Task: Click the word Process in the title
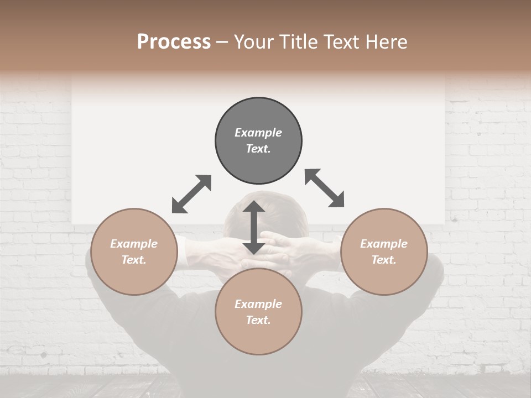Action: (174, 42)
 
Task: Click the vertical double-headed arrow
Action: (254, 228)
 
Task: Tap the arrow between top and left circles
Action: (191, 194)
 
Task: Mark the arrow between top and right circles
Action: (325, 188)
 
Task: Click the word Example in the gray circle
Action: (258, 133)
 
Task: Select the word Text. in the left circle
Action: (134, 260)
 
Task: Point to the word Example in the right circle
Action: (384, 244)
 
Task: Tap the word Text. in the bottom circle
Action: (258, 320)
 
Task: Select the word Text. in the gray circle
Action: (258, 149)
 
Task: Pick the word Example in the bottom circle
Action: (258, 304)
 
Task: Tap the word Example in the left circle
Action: (134, 244)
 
